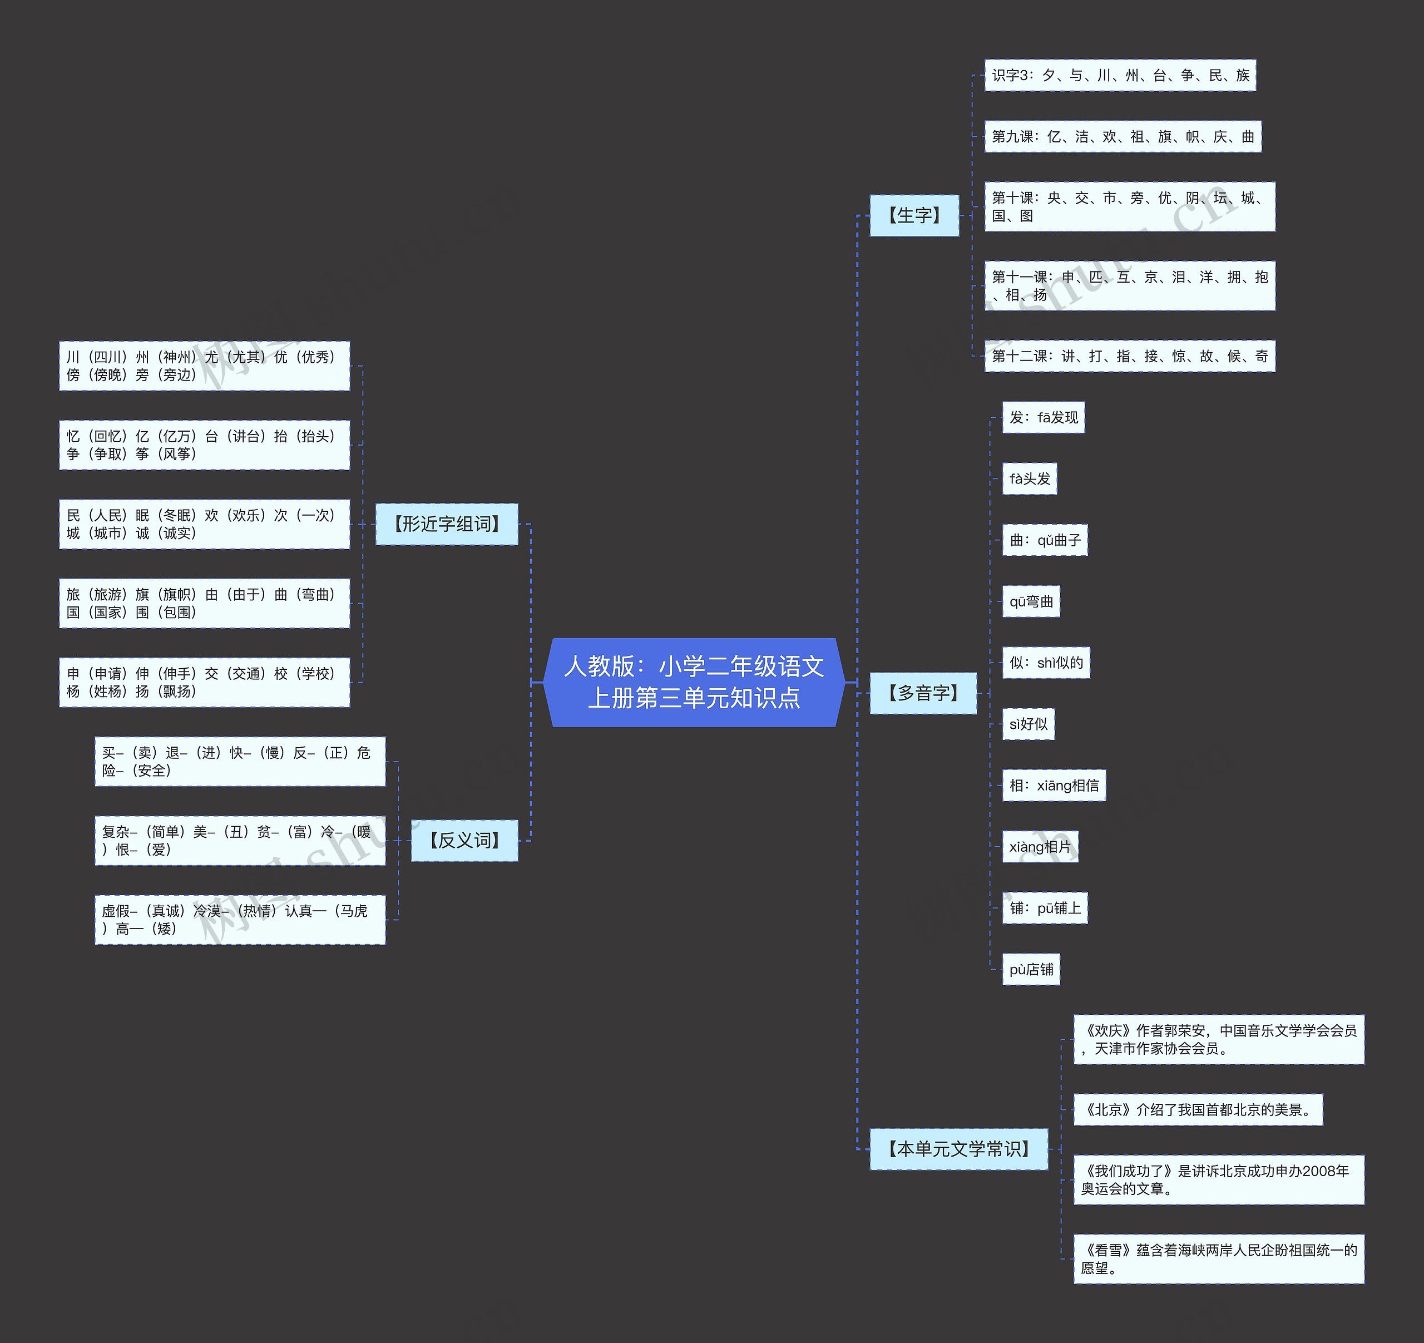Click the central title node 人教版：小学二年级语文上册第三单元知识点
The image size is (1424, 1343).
point(694,682)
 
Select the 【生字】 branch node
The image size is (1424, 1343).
point(914,215)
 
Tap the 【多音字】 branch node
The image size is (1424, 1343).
point(923,693)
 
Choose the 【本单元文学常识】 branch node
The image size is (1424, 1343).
point(958,1149)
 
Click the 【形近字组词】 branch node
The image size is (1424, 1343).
point(446,524)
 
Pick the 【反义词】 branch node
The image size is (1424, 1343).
point(464,840)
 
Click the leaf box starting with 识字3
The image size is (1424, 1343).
point(1120,75)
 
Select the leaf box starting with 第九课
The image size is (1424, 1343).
point(1123,136)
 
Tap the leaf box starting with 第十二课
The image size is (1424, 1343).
point(1130,356)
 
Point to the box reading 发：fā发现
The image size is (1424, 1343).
point(1043,418)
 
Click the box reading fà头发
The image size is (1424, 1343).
point(1029,478)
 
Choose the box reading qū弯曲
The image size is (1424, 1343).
point(1031,601)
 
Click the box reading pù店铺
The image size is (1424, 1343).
point(1031,969)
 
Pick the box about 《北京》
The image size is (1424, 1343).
point(1198,1109)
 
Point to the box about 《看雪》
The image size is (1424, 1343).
point(1218,1258)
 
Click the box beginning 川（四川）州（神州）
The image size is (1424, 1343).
point(204,366)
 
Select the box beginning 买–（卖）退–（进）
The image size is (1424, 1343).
point(240,762)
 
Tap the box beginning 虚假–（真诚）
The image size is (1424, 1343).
point(240,920)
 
